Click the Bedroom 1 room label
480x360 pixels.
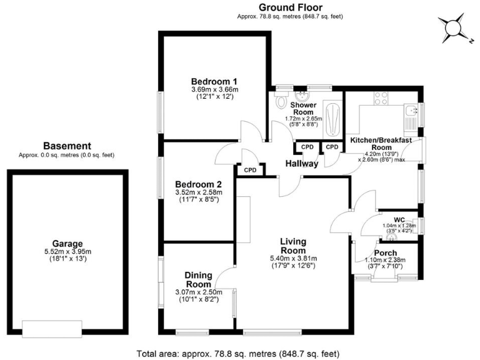pos(214,81)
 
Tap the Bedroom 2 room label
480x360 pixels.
pos(199,184)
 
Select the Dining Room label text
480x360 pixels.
pos(199,279)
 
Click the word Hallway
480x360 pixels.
pos(302,164)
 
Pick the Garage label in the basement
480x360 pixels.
pos(68,244)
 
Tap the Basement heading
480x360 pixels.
pos(72,146)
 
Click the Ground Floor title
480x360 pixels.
pos(290,7)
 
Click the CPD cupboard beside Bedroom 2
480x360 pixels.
pos(250,170)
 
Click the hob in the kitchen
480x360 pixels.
pos(381,97)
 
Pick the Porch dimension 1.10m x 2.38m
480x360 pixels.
pos(385,261)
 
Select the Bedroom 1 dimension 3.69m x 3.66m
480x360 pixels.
pos(214,90)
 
